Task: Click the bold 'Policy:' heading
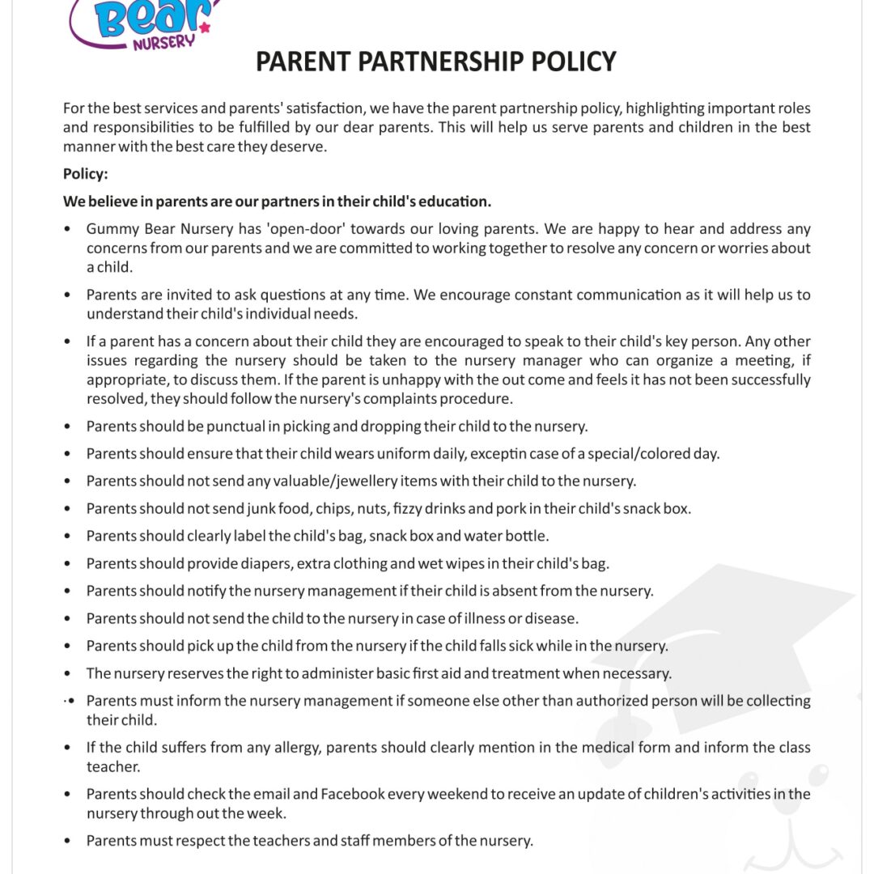(x=85, y=174)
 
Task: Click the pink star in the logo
(x=204, y=28)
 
